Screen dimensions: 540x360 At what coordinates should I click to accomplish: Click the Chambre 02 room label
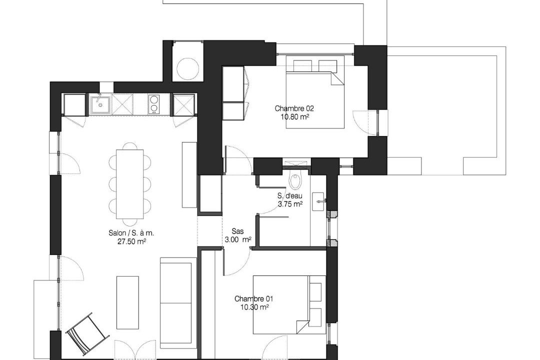point(294,108)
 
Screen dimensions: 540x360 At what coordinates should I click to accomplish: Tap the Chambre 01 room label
point(253,298)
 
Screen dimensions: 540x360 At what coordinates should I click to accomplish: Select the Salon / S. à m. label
point(131,233)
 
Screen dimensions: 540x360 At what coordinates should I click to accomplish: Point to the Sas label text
point(237,231)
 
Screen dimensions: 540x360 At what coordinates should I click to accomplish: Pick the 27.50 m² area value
point(131,241)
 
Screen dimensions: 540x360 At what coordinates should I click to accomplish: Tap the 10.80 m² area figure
point(294,117)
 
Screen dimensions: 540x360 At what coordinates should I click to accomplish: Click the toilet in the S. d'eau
point(295,181)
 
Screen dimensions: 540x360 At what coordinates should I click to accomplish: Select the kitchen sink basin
point(100,104)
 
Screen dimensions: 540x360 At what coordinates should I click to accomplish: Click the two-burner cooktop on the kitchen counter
point(153,104)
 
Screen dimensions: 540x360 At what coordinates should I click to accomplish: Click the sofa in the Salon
point(176,303)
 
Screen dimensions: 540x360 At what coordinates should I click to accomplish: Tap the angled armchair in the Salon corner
point(87,333)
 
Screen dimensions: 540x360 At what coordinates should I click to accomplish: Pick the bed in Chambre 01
point(289,304)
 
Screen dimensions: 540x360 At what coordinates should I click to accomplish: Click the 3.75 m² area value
point(290,204)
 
